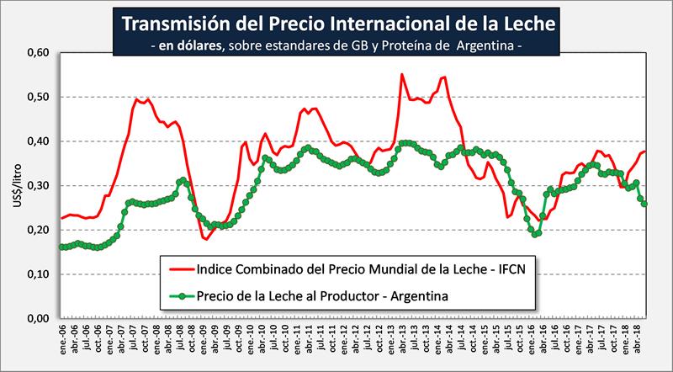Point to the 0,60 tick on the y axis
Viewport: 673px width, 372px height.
pyautogui.click(x=39, y=53)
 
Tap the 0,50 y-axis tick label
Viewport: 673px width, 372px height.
pyautogui.click(x=39, y=98)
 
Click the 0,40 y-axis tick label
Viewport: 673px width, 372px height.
pyautogui.click(x=39, y=141)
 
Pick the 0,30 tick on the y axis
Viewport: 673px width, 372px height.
pyautogui.click(x=39, y=186)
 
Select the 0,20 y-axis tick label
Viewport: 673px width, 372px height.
pyautogui.click(x=39, y=230)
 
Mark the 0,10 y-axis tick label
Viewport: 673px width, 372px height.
pyautogui.click(x=39, y=274)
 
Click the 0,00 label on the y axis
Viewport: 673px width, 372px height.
pyautogui.click(x=39, y=319)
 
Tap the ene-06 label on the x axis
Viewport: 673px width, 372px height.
pyautogui.click(x=61, y=338)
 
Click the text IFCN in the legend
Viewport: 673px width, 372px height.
pyautogui.click(x=514, y=271)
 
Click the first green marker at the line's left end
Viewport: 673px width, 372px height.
pyautogui.click(x=61, y=247)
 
